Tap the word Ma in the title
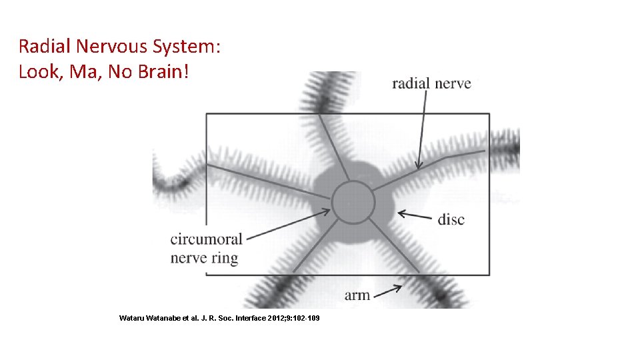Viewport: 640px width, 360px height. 89,72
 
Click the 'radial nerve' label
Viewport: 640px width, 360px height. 431,84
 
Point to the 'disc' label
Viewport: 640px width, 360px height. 451,219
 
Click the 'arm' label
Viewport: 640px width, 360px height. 357,295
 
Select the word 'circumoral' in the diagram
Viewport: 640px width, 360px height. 207,239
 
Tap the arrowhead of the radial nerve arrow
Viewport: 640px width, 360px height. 419,166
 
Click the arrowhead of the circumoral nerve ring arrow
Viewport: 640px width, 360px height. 327,211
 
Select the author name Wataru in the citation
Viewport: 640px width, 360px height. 133,318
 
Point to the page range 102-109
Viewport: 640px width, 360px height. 305,318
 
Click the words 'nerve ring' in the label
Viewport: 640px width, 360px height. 204,258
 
